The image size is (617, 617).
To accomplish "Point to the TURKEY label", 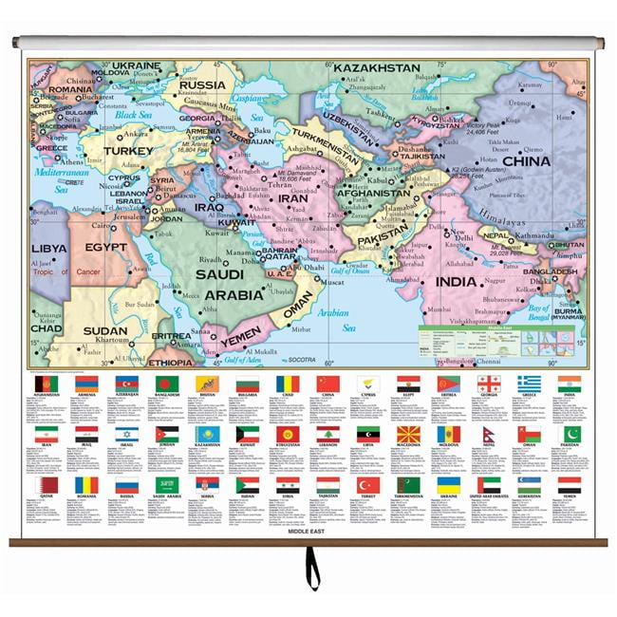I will coord(128,150).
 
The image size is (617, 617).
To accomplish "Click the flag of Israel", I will coord(128,435).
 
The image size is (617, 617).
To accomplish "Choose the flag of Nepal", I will coord(489,435).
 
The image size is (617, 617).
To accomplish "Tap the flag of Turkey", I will coord(368,485).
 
